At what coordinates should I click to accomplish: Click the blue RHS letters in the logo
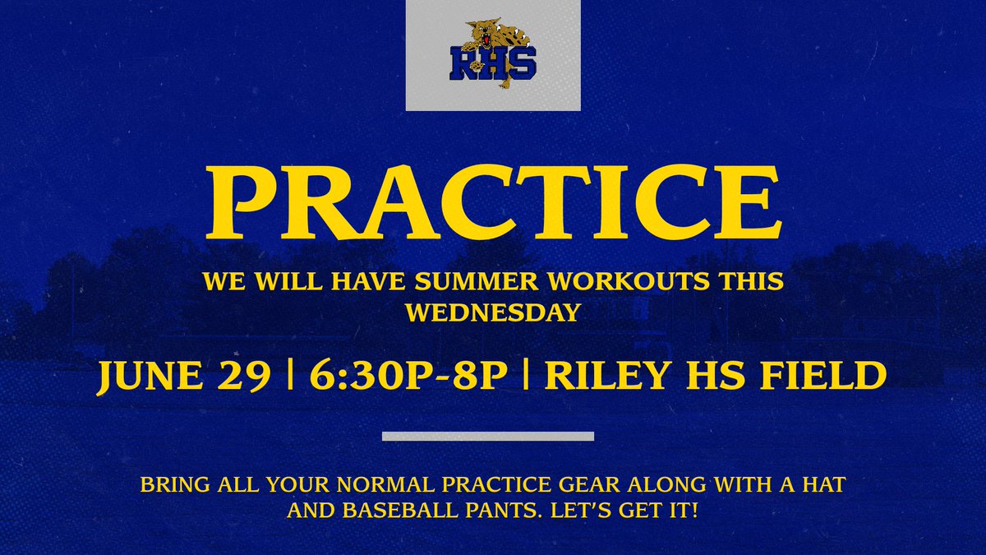pyautogui.click(x=491, y=64)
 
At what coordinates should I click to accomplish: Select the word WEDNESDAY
pyautogui.click(x=492, y=315)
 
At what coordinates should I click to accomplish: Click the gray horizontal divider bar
pyautogui.click(x=488, y=436)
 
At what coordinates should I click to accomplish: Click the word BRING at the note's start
pyautogui.click(x=169, y=485)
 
